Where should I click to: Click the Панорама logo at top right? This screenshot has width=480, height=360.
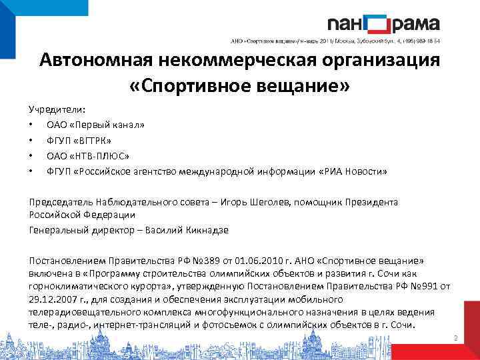click(x=383, y=25)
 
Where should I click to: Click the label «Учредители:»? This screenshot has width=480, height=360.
click(x=57, y=109)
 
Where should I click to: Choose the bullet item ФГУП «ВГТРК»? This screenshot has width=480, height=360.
click(x=79, y=141)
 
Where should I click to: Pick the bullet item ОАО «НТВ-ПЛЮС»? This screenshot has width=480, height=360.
click(x=87, y=156)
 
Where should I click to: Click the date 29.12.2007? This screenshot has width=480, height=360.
click(x=51, y=299)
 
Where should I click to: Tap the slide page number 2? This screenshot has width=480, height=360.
click(x=455, y=339)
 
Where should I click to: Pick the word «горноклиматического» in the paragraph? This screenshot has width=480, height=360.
click(x=73, y=287)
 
